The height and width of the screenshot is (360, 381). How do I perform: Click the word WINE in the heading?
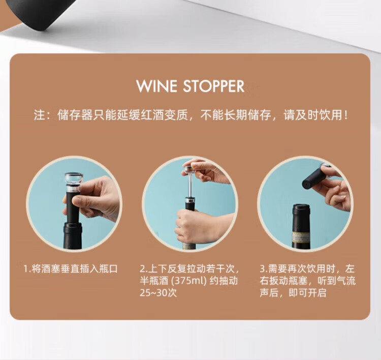point(156,86)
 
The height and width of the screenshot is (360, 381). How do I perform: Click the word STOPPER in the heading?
point(213,86)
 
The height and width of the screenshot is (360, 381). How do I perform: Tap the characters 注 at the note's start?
point(40,115)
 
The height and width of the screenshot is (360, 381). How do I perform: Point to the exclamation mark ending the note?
point(346,115)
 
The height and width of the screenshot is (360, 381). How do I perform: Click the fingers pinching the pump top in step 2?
point(204,170)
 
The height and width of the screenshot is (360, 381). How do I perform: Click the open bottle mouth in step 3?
point(301,207)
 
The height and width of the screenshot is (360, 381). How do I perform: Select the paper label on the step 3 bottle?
point(301,237)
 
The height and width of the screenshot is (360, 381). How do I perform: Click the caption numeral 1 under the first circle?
point(26,269)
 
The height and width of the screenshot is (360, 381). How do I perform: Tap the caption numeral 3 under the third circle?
point(263,269)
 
